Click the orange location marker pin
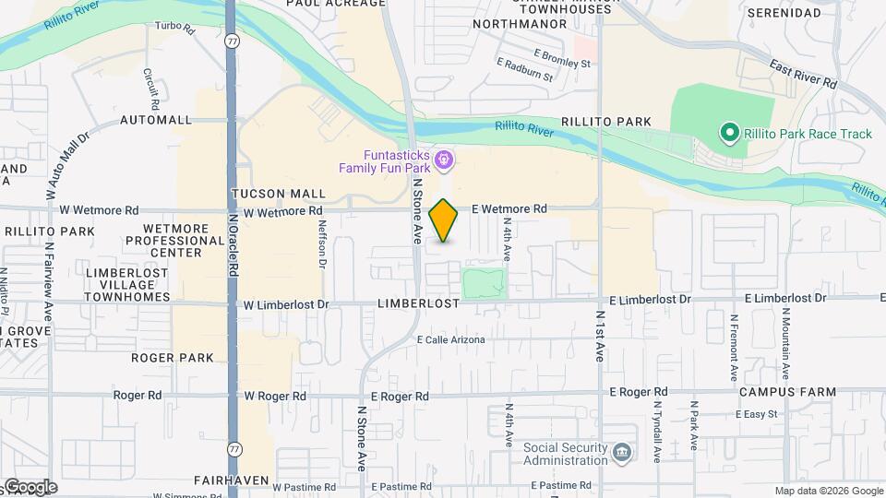(x=444, y=220)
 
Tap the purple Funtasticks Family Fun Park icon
(x=444, y=161)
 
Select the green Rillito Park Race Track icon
(x=729, y=134)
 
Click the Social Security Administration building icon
(x=623, y=452)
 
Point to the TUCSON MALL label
(x=279, y=194)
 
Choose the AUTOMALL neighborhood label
(x=156, y=120)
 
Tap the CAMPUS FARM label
(x=787, y=392)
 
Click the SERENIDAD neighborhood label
(x=784, y=13)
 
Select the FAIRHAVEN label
(x=231, y=480)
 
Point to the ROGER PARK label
(x=173, y=358)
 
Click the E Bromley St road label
(x=561, y=58)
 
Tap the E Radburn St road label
(x=524, y=71)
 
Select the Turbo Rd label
(x=174, y=29)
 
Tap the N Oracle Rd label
(x=233, y=244)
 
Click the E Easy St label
(x=757, y=414)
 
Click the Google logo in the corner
(x=30, y=487)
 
